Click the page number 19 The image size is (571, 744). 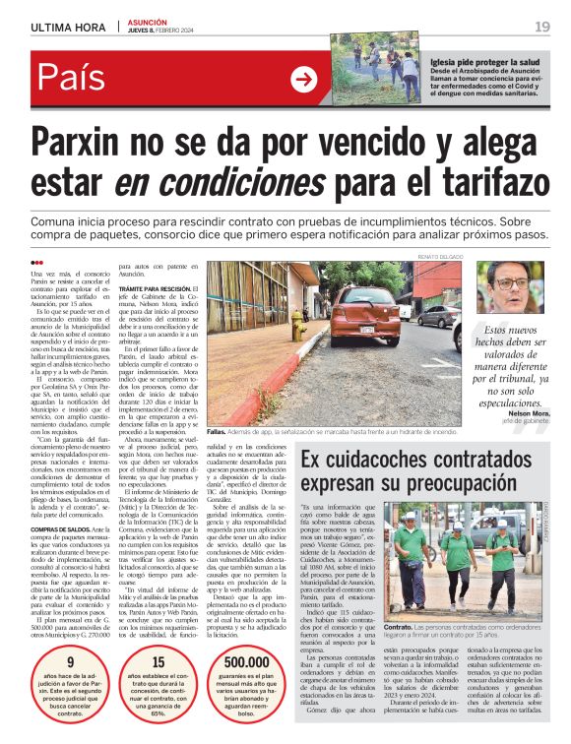[541, 27]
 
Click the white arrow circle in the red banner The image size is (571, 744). [304, 79]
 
